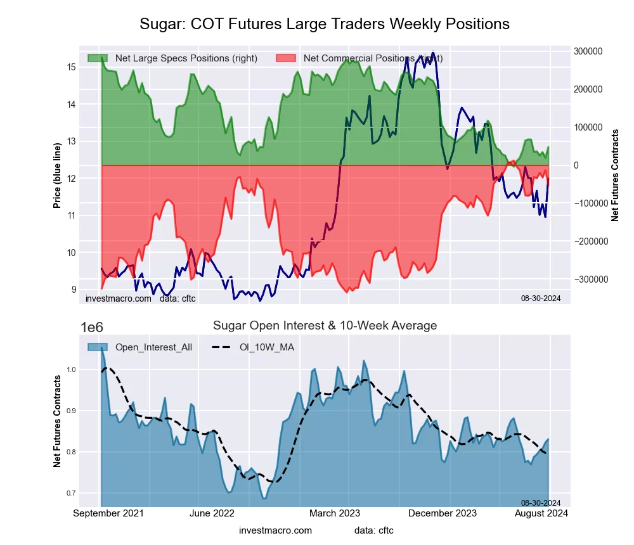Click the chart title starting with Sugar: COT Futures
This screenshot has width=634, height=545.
324,24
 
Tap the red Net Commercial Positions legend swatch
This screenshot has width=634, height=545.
285,58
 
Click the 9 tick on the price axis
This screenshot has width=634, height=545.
73,290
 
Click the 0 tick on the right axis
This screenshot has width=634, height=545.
576,165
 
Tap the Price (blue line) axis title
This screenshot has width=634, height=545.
57,176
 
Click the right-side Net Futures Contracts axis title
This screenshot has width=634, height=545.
615,176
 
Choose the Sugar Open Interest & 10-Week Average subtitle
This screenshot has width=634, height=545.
325,326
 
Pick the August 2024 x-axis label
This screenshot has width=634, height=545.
541,513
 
